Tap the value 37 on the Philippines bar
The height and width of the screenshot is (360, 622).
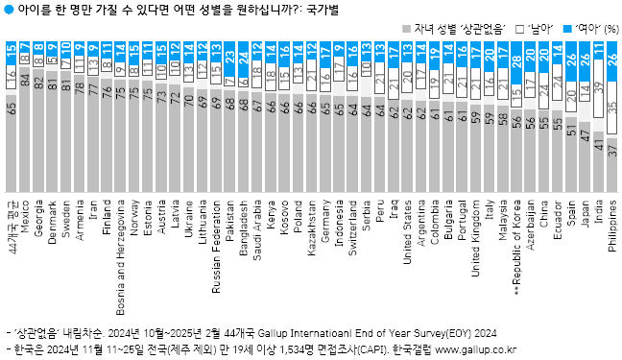[x=612, y=149]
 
